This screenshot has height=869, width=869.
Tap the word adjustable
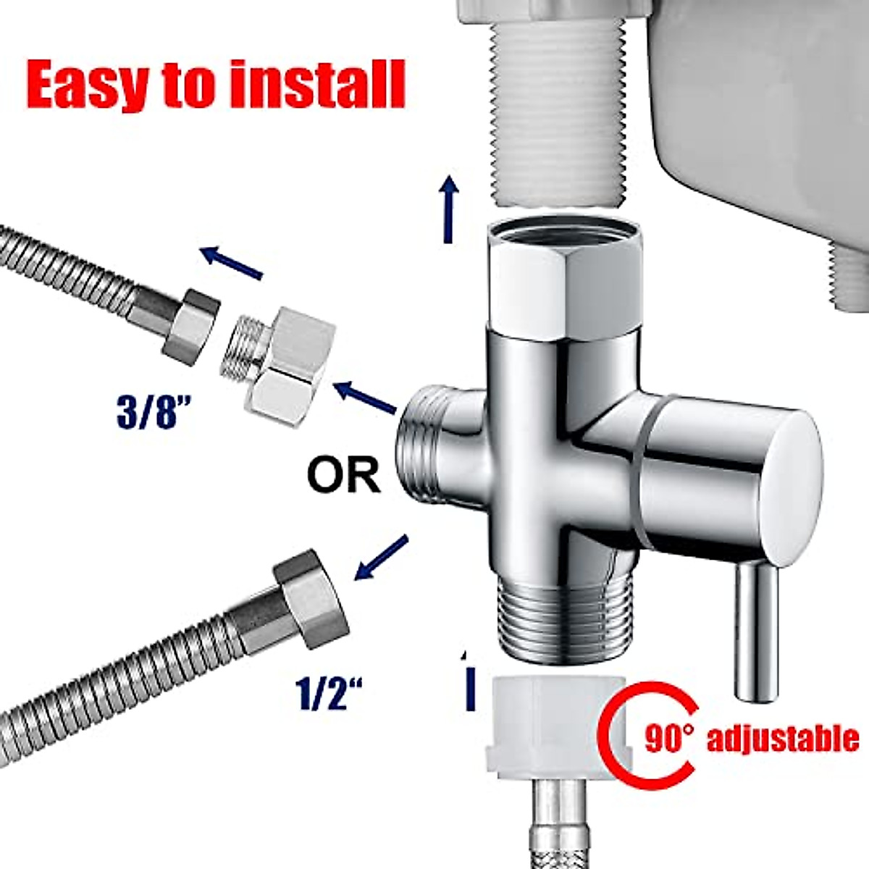[x=782, y=740]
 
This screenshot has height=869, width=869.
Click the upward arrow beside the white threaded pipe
[x=450, y=209]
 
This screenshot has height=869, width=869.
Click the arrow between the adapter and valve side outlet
[x=364, y=398]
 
